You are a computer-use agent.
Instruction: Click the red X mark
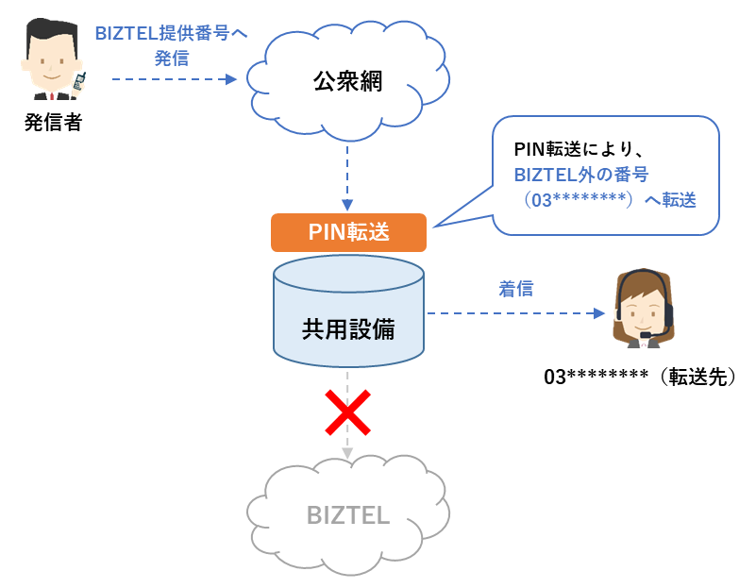point(347,413)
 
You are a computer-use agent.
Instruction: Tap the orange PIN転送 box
point(348,232)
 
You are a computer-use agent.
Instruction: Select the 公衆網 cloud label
point(347,81)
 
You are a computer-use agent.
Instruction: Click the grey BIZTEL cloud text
point(347,515)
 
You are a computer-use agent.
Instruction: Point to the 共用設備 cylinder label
point(348,329)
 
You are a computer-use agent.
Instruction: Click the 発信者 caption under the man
point(53,122)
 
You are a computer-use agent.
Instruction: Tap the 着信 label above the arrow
point(515,289)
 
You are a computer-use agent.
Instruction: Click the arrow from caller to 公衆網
point(174,79)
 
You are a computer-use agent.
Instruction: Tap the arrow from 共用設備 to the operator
point(515,312)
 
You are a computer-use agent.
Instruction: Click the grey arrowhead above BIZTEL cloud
point(347,453)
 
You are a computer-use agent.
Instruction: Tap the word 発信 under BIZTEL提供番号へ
point(171,58)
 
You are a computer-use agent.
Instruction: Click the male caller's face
point(50,61)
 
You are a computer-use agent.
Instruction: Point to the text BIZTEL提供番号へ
point(171,34)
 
